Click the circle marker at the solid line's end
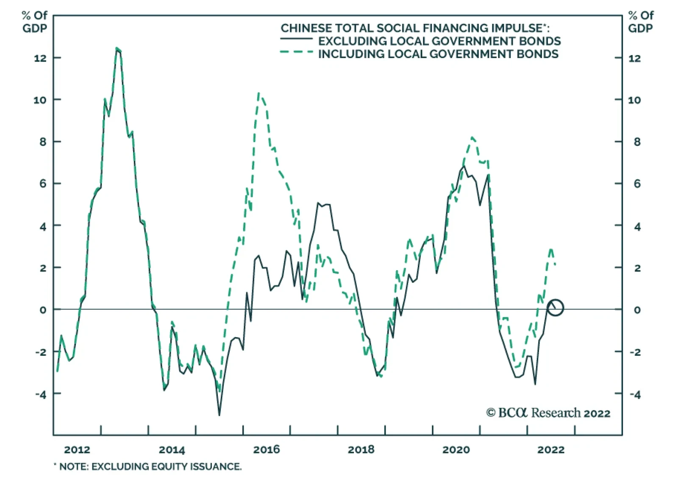(x=555, y=307)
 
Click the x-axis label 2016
(x=267, y=450)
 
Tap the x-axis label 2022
(x=551, y=450)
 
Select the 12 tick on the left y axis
(x=40, y=58)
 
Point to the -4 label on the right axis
(x=635, y=394)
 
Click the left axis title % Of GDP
(x=35, y=22)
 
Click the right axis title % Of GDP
(x=641, y=22)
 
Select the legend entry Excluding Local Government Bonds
(x=439, y=41)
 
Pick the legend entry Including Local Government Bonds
(x=438, y=54)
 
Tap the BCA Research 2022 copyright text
(x=548, y=413)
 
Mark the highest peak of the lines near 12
(x=117, y=49)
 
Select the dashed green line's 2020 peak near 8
(x=472, y=137)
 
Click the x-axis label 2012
(x=77, y=450)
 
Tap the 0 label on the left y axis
(x=43, y=310)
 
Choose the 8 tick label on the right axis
(x=637, y=142)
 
